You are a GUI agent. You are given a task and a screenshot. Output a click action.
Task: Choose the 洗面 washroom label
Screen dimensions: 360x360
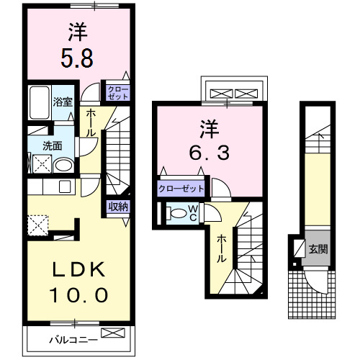(52, 144)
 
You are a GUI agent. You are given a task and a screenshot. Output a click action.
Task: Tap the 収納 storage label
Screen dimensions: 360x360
(119, 207)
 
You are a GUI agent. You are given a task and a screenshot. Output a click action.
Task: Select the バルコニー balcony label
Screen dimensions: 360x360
(72, 338)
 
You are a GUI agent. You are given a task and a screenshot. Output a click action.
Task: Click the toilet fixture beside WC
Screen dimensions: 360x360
(175, 213)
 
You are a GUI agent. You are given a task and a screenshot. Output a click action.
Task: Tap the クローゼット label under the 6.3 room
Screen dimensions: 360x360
(181, 189)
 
